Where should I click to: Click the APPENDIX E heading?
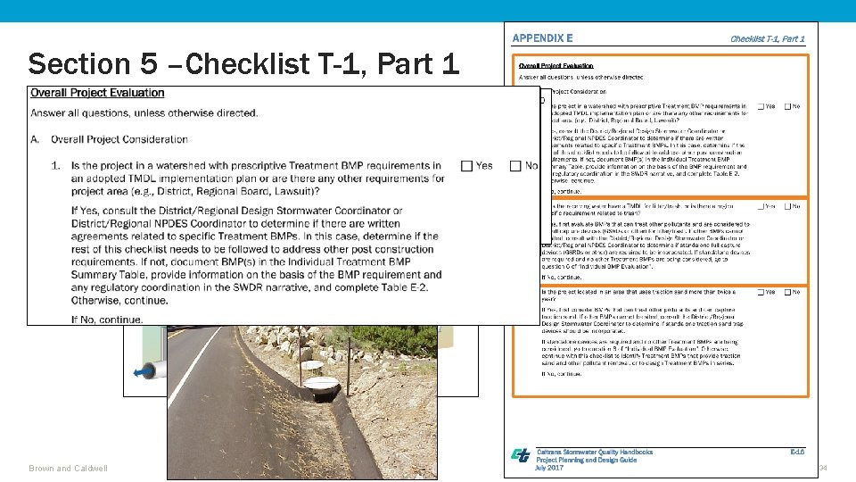[542, 38]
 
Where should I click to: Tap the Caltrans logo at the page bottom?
[520, 455]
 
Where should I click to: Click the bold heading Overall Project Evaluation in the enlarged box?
[97, 93]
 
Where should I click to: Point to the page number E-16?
[796, 452]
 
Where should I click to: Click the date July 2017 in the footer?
[549, 468]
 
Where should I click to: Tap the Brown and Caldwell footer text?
[68, 468]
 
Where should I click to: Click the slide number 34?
[823, 468]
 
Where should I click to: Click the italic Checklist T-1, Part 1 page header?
[767, 38]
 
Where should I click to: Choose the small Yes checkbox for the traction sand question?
[761, 292]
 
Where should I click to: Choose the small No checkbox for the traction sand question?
[787, 292]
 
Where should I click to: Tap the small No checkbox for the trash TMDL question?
[787, 206]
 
